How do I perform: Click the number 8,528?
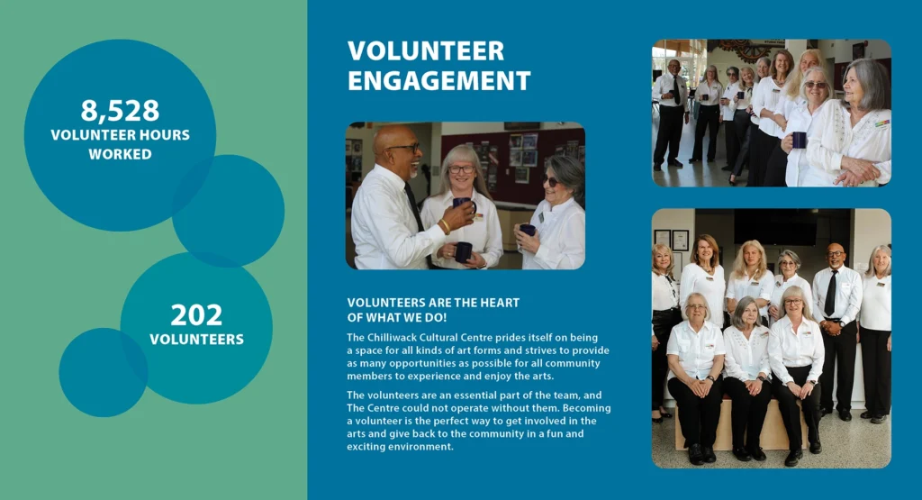[x=120, y=111]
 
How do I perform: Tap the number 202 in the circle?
[x=196, y=314]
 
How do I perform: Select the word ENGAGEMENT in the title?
[x=439, y=80]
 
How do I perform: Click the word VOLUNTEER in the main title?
[x=426, y=50]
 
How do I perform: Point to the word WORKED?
[x=120, y=154]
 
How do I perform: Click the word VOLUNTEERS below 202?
[x=196, y=340]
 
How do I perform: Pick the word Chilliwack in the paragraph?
[x=393, y=338]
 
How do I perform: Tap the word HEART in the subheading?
[x=501, y=303]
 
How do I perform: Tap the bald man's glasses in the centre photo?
[x=406, y=148]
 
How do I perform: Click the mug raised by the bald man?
[x=464, y=205]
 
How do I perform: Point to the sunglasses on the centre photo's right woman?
[x=550, y=180]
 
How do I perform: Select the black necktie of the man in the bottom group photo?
[x=830, y=293]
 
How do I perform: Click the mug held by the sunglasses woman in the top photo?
[x=800, y=140]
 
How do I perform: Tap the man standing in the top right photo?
[x=670, y=113]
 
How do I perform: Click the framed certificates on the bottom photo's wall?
[x=671, y=239]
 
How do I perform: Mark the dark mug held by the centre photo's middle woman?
[x=463, y=251]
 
